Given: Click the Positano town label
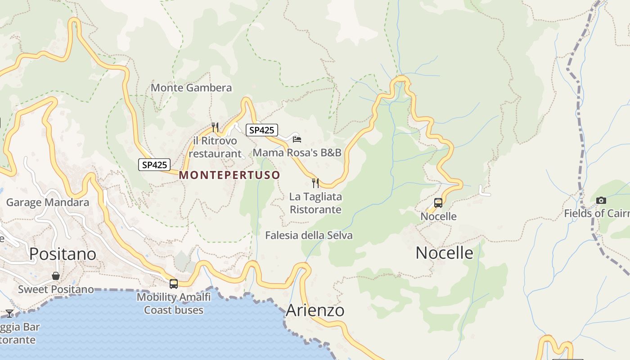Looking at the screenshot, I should [63, 254].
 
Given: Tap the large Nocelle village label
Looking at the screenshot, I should [444, 253].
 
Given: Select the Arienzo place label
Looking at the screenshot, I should [315, 310].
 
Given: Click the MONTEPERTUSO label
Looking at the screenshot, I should [229, 175].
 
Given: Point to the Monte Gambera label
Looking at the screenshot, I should [191, 88].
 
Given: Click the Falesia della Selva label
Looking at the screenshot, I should [309, 235].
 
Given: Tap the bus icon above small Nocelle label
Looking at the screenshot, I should [438, 203].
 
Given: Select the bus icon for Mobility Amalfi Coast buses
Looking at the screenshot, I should [174, 284].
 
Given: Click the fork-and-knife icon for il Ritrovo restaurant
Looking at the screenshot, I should [215, 127].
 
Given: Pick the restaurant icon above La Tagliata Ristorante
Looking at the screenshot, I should [315, 183].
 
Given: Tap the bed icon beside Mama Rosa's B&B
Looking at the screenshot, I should [297, 139].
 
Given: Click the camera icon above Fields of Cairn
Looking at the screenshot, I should [601, 200].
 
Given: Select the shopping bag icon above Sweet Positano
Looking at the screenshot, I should [56, 276].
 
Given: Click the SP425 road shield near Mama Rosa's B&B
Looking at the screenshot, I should [261, 130].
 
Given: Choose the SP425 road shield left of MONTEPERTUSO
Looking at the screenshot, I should [154, 165].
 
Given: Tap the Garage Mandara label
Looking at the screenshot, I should [48, 202].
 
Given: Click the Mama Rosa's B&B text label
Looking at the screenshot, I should [297, 153].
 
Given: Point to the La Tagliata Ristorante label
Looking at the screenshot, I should [315, 203].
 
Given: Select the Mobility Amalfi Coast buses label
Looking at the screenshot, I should [174, 303].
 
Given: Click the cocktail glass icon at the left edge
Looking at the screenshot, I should [9, 313].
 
